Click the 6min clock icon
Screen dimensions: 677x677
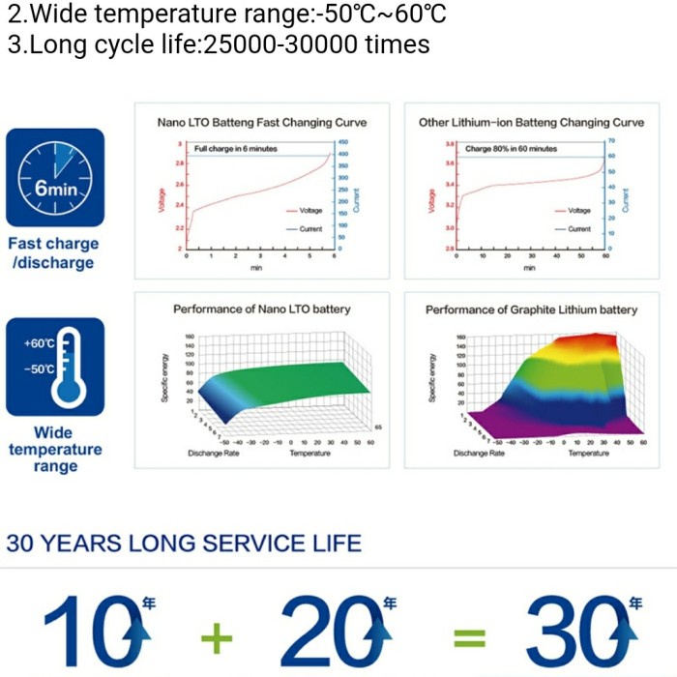click(55, 178)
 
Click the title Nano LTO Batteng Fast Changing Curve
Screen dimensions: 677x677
click(262, 123)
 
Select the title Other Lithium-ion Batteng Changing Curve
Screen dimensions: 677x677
click(531, 123)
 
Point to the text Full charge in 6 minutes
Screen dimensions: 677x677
click(236, 149)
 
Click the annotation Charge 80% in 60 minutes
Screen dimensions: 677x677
click(511, 149)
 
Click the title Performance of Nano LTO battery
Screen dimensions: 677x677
click(262, 309)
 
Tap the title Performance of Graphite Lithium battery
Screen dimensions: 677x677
click(531, 309)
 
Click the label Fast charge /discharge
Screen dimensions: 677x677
click(53, 253)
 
